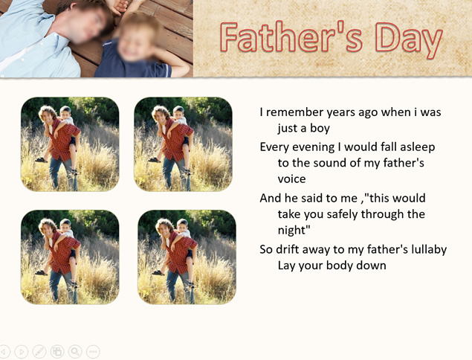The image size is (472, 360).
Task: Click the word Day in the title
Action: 409,39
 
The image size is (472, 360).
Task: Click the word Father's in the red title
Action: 291,36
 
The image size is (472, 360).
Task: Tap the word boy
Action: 320,129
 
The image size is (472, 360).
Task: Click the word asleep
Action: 418,147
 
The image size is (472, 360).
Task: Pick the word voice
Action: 291,179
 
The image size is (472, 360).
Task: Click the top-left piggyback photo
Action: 70,144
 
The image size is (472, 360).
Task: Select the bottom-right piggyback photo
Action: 187,257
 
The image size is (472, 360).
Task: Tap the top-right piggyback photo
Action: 183,144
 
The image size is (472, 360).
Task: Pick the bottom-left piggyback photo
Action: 70,257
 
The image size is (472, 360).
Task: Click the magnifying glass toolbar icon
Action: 75,351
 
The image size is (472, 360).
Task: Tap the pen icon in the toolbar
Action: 39,351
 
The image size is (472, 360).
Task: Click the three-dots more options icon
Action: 93,351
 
